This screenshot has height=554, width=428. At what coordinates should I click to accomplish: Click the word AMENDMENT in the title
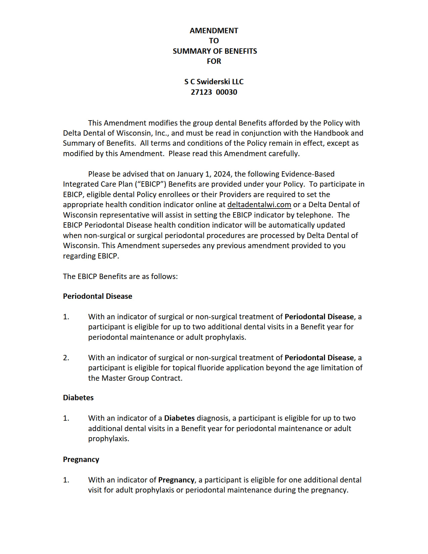tap(214, 31)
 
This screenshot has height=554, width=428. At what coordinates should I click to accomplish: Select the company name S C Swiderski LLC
tap(214, 82)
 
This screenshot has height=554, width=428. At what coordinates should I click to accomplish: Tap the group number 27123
tap(201, 92)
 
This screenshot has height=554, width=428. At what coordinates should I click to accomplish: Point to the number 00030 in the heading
tap(227, 92)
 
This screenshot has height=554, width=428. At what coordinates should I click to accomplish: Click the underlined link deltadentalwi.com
tap(259, 204)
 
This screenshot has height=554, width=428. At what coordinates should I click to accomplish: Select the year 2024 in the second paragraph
tap(222, 174)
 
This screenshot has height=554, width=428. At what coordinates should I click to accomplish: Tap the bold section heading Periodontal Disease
tap(97, 296)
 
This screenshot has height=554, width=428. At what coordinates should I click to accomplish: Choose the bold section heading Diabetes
tap(78, 398)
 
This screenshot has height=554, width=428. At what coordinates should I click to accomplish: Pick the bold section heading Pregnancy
tap(81, 459)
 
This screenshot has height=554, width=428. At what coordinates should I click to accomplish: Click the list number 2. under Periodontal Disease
tap(66, 358)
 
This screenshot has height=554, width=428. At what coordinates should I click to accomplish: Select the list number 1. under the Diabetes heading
tap(66, 418)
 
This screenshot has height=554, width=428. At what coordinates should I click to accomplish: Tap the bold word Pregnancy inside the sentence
tap(176, 480)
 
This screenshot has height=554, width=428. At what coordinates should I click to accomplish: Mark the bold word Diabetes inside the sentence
tap(179, 418)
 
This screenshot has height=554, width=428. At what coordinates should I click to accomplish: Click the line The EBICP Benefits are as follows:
tap(120, 276)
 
